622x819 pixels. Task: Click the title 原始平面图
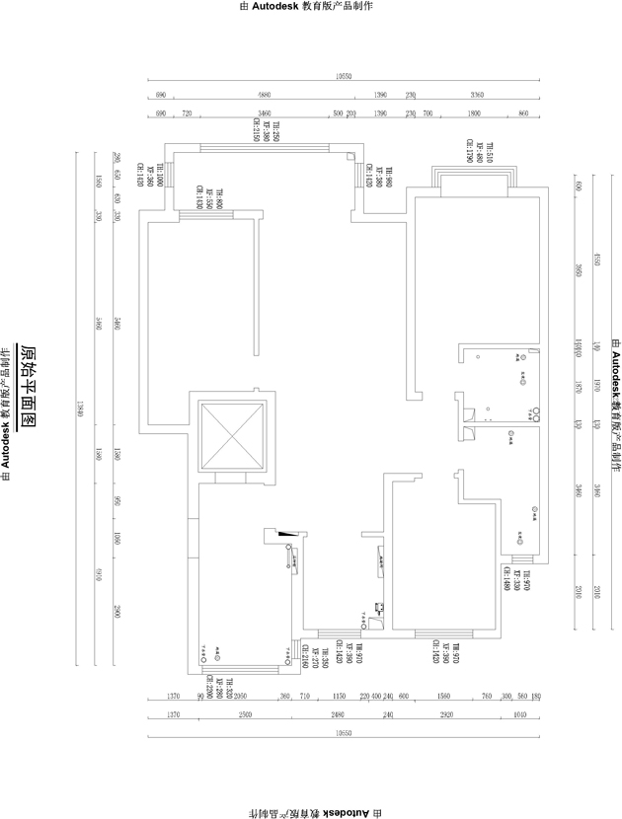pyautogui.click(x=29, y=386)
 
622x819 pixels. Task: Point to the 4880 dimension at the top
pyautogui.click(x=263, y=95)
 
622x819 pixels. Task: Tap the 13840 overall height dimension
pyautogui.click(x=81, y=410)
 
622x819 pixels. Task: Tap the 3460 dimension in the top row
pyautogui.click(x=265, y=114)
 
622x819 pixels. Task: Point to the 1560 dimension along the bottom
pyautogui.click(x=443, y=697)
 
